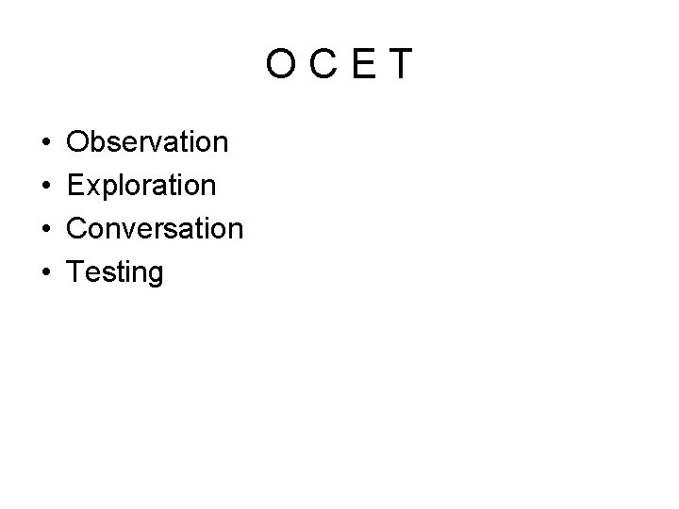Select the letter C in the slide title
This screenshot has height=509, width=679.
click(x=325, y=65)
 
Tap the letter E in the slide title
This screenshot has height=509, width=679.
click(x=364, y=65)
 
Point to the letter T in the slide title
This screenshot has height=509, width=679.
click(x=401, y=65)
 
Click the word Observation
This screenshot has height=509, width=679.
click(x=148, y=142)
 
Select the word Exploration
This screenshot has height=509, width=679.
click(x=142, y=186)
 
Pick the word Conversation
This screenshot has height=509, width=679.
click(x=156, y=229)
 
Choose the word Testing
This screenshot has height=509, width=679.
click(x=116, y=273)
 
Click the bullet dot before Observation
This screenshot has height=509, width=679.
click(x=46, y=143)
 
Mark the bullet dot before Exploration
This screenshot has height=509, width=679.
click(x=46, y=187)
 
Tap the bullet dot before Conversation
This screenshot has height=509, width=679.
click(x=46, y=230)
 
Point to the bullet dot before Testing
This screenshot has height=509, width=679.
click(x=46, y=273)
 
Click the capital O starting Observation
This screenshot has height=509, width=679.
click(x=80, y=142)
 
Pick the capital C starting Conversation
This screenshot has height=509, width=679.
click(x=80, y=229)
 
